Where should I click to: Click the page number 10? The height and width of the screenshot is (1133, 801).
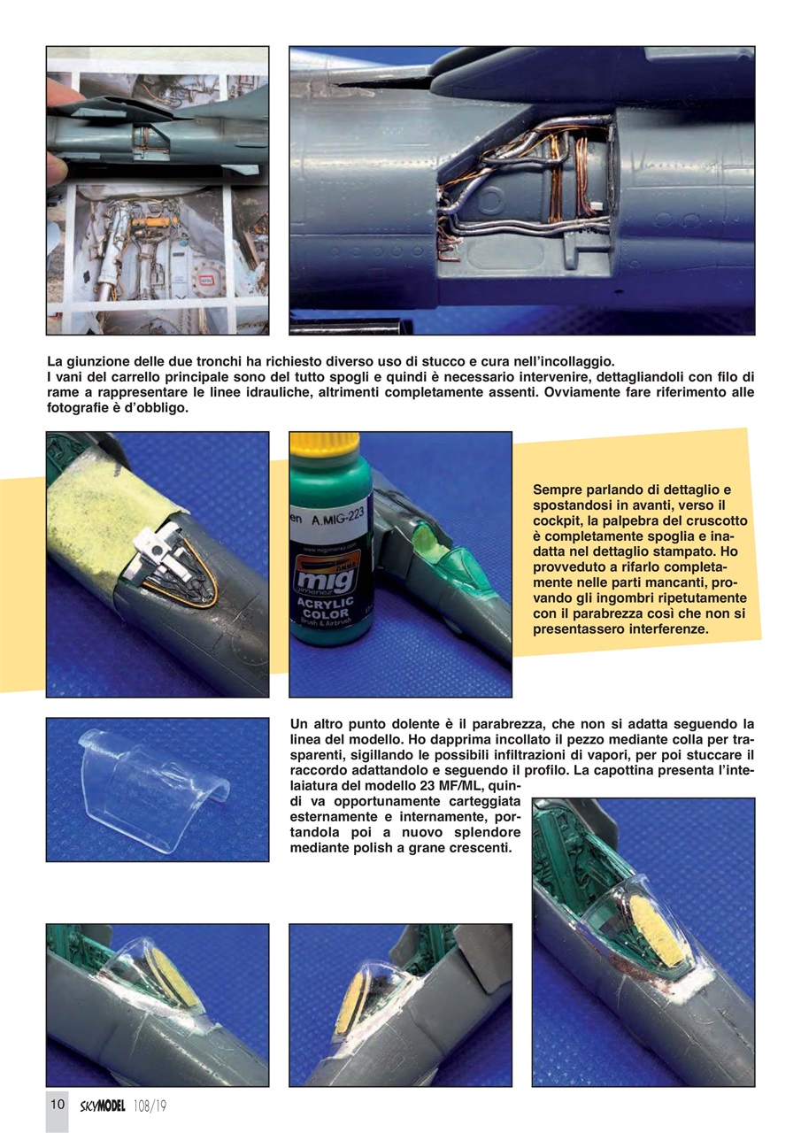(57, 1104)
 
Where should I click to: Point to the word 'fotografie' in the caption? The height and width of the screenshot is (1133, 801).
(80, 407)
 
